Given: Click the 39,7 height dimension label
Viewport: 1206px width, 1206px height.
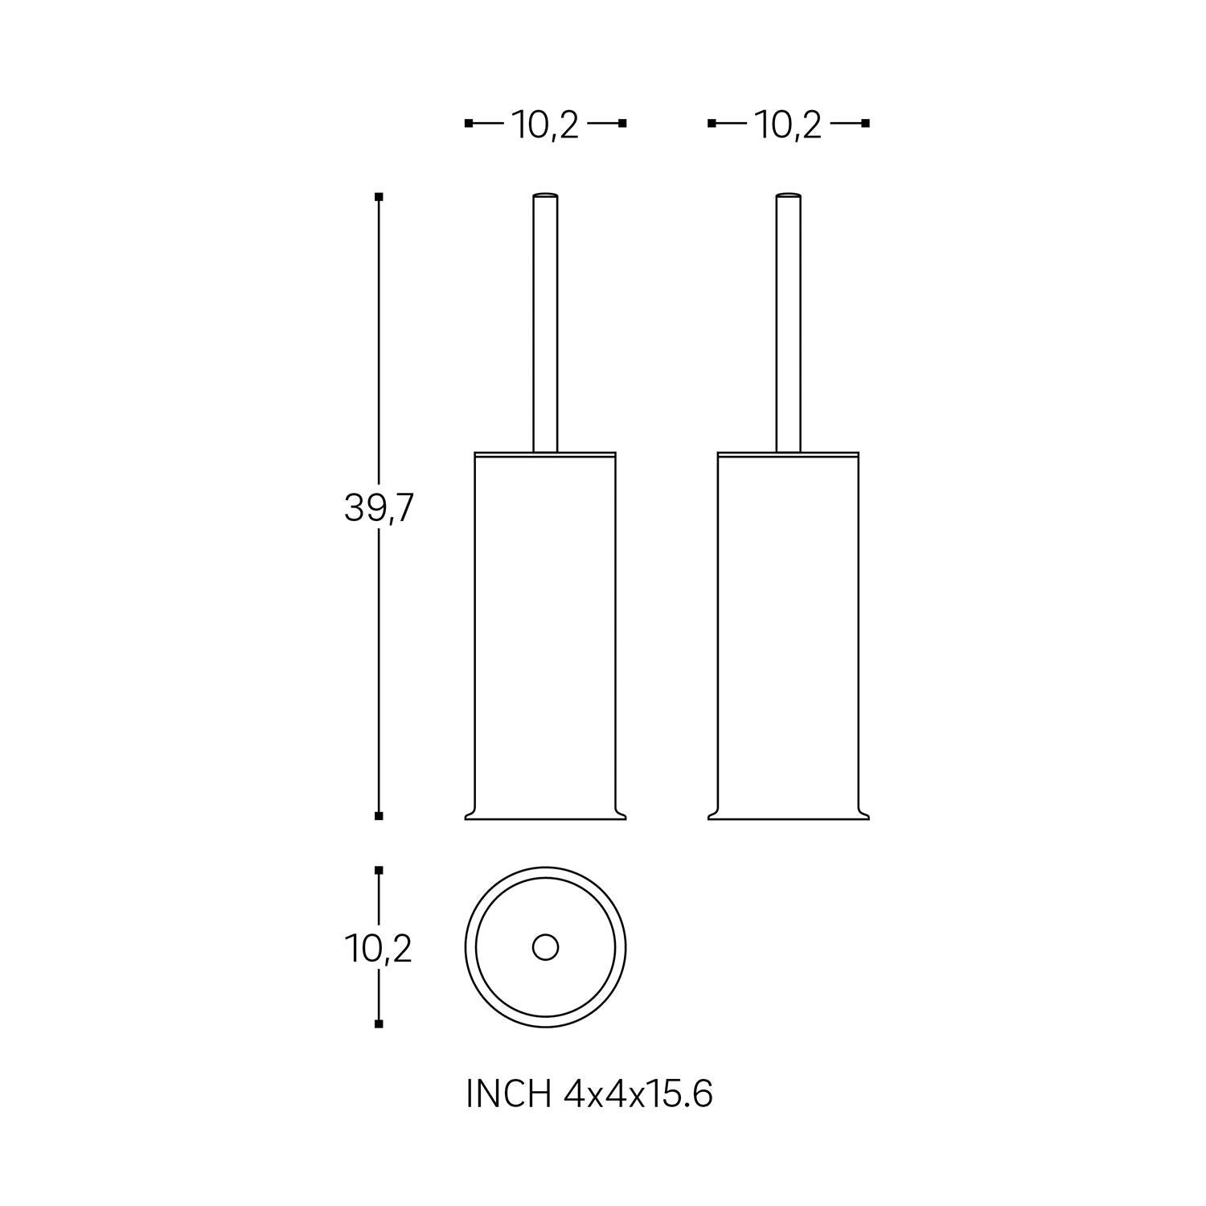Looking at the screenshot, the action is pos(378,508).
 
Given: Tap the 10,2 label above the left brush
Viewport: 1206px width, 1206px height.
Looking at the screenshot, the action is pos(545,125).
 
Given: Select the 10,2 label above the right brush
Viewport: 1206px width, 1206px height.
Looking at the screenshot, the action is pos(788,125).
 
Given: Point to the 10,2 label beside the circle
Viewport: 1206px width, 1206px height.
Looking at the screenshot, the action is pos(379,950).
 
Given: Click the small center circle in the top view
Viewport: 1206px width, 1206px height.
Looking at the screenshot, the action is pos(545,947).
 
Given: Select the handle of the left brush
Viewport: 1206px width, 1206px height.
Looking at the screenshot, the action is pos(545,322).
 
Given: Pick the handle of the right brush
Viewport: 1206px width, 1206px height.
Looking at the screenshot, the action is pos(788,322).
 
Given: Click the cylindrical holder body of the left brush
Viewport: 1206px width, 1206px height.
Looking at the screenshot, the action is pos(545,635).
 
